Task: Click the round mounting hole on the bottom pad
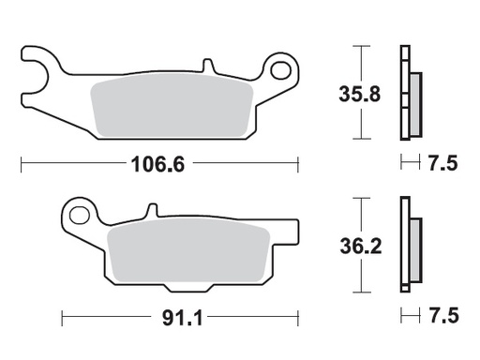pos(82,217)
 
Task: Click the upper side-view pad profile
pos(408,94)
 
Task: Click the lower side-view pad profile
pos(408,246)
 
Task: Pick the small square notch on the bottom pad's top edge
pos(147,210)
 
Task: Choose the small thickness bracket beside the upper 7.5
pos(407,165)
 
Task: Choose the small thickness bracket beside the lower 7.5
pos(407,316)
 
